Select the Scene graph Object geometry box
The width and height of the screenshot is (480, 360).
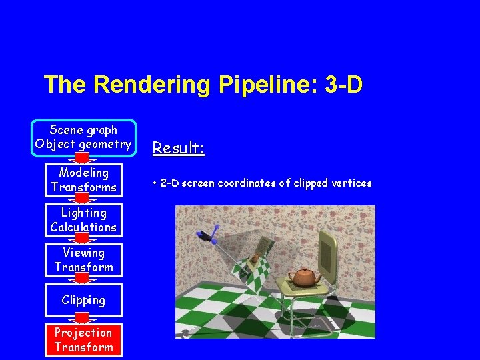coord(83,137)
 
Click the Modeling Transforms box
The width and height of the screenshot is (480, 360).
coord(83,180)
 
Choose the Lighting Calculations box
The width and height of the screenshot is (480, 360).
coord(83,220)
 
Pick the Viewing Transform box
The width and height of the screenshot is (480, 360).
coord(83,260)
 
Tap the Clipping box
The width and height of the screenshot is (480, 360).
coord(83,300)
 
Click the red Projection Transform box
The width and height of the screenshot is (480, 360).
coord(83,340)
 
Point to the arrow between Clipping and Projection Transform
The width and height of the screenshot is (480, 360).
coord(83,320)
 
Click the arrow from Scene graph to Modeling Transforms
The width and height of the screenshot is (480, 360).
coord(83,159)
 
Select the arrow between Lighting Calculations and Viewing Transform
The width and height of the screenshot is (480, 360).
coord(83,239)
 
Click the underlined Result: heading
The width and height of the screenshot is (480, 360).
coord(178,148)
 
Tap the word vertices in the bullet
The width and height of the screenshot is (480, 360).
coord(351,183)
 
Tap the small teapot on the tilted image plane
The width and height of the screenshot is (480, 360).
coord(257,260)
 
